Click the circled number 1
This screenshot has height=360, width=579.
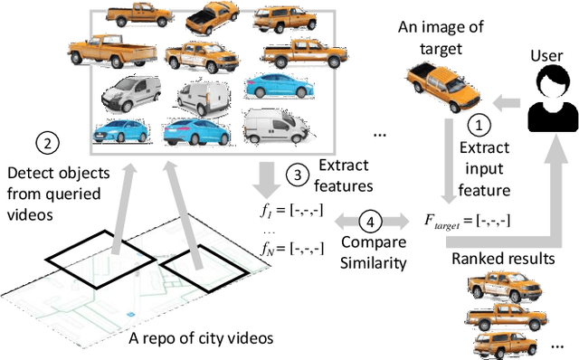tap(480, 125)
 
